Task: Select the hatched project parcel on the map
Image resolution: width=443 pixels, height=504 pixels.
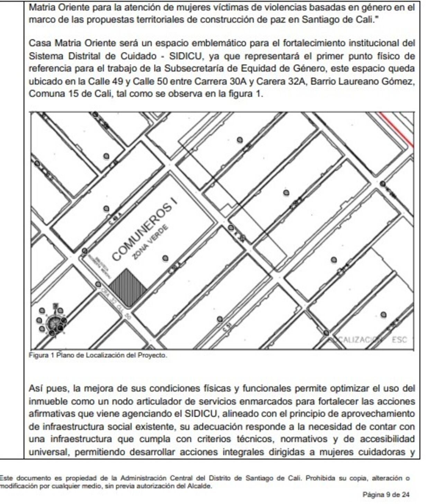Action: click(127, 287)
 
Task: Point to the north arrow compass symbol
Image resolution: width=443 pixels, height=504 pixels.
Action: click(53, 322)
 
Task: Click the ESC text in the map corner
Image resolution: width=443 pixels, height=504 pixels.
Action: click(399, 340)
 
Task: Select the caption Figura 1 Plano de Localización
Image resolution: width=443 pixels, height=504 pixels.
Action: click(98, 355)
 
